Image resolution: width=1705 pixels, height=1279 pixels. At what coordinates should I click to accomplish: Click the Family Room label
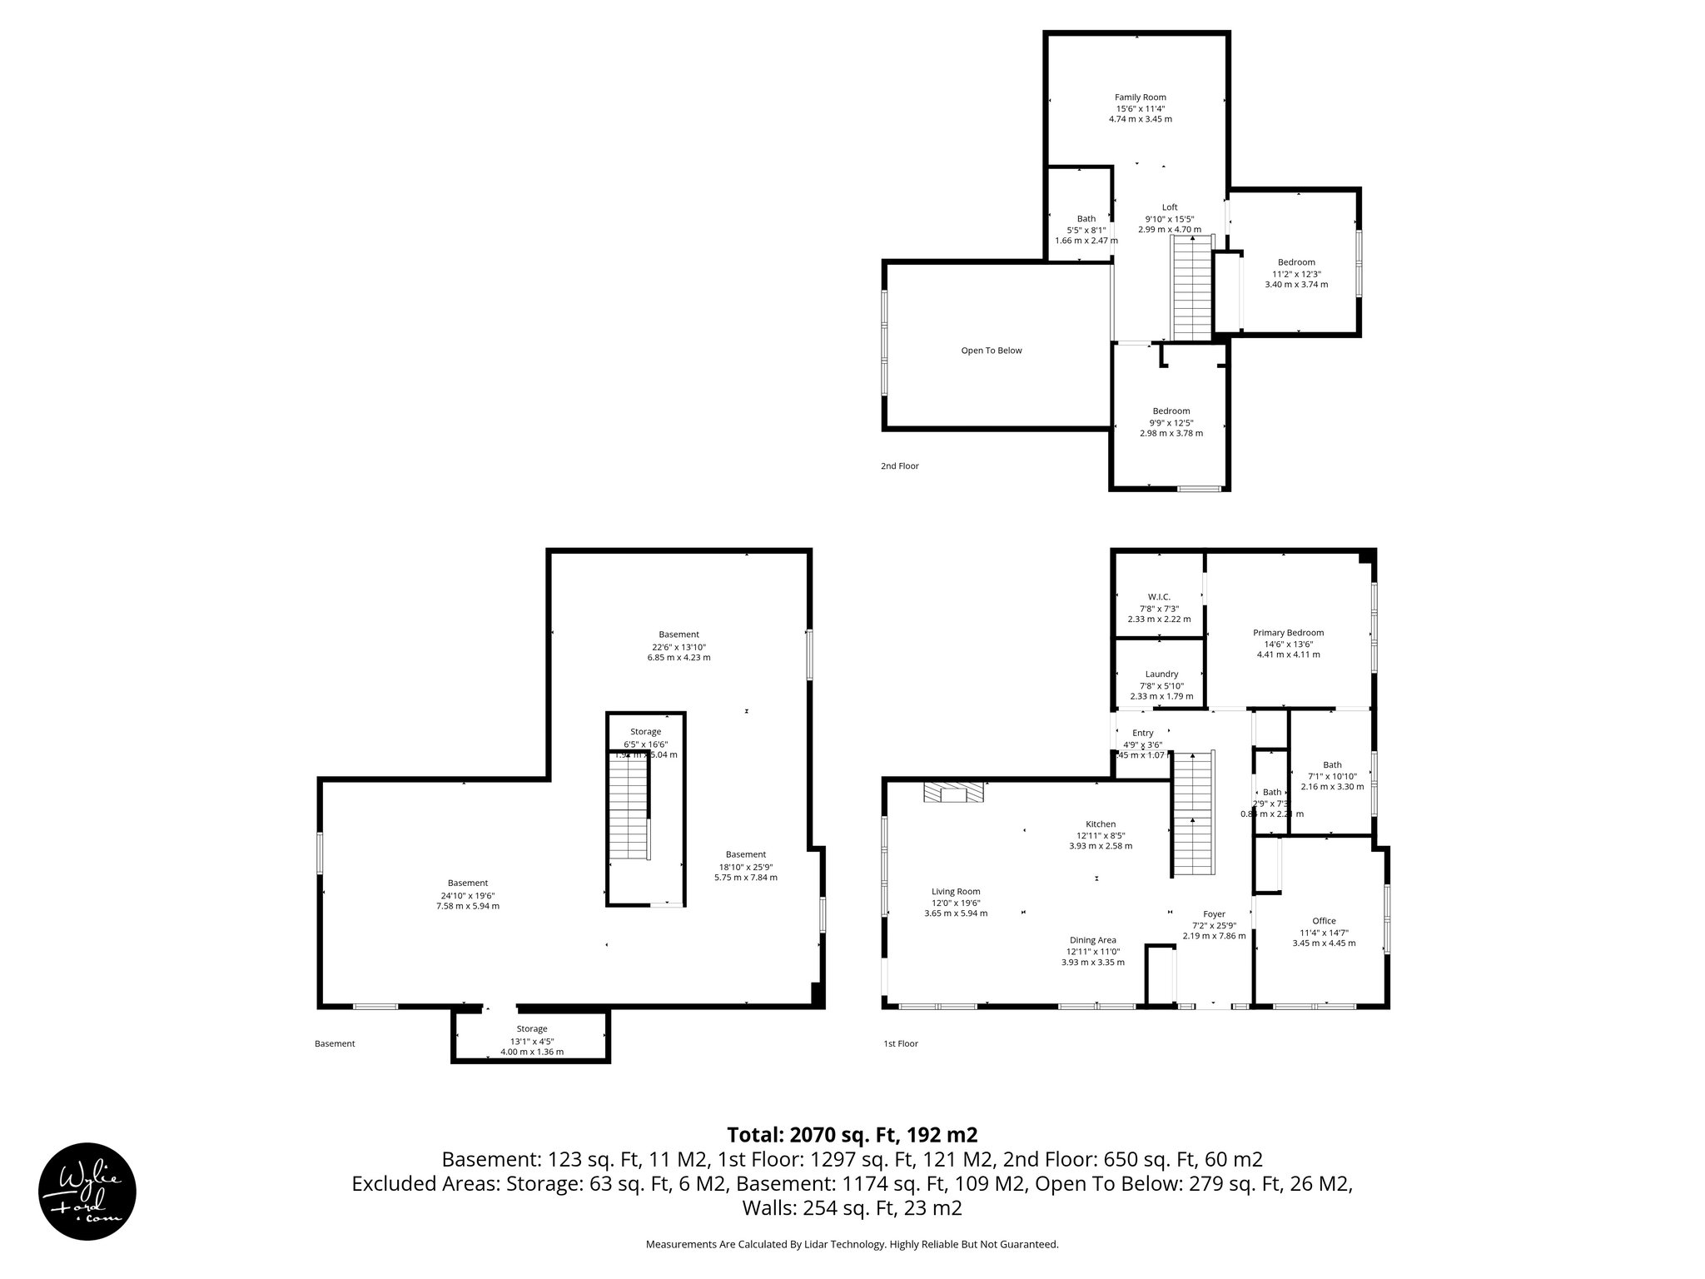tap(1140, 97)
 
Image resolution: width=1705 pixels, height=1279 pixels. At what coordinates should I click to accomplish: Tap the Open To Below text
tap(991, 351)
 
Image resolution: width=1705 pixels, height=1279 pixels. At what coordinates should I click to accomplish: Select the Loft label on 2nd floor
tap(1170, 207)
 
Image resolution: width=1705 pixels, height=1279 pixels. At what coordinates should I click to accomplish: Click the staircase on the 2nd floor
tap(1191, 287)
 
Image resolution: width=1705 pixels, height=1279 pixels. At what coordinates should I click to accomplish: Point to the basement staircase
tap(629, 808)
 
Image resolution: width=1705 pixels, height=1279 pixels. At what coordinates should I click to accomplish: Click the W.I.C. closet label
tap(1159, 597)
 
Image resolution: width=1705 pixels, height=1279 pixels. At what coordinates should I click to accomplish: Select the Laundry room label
tap(1161, 674)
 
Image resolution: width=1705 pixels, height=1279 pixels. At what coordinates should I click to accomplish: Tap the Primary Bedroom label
tap(1288, 633)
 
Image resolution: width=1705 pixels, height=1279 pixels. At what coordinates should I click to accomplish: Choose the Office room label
tap(1324, 921)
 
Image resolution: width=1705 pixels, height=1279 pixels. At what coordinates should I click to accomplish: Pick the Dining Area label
tap(1092, 940)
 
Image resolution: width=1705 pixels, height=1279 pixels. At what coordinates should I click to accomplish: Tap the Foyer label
tap(1214, 914)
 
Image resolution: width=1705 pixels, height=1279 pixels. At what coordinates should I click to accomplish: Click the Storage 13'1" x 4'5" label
tap(531, 1041)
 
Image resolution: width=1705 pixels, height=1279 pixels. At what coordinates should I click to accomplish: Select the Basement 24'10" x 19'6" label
tap(467, 895)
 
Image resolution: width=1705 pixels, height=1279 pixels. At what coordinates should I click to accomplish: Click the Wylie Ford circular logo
tap(87, 1191)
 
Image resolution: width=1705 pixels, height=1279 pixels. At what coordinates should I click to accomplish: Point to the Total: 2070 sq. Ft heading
tap(852, 1135)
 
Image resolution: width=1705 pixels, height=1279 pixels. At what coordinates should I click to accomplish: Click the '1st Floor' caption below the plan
tap(900, 1043)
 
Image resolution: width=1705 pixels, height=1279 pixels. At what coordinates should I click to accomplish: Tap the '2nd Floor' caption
tap(899, 466)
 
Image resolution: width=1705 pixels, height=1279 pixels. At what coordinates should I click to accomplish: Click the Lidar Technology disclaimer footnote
tap(852, 1244)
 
